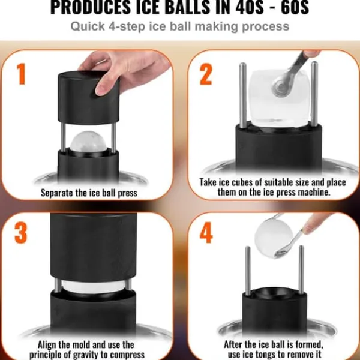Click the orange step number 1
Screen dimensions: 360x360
21,74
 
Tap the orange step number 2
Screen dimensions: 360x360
206,74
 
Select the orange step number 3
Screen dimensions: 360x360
20,233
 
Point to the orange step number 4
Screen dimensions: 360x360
206,232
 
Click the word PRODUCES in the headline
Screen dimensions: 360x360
90,7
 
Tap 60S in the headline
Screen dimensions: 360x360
295,7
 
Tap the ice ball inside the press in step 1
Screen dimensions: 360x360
88,141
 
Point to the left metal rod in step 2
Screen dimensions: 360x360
243,95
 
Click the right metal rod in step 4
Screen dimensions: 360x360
301,270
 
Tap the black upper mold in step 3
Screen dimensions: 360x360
94,247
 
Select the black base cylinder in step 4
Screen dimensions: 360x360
275,311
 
